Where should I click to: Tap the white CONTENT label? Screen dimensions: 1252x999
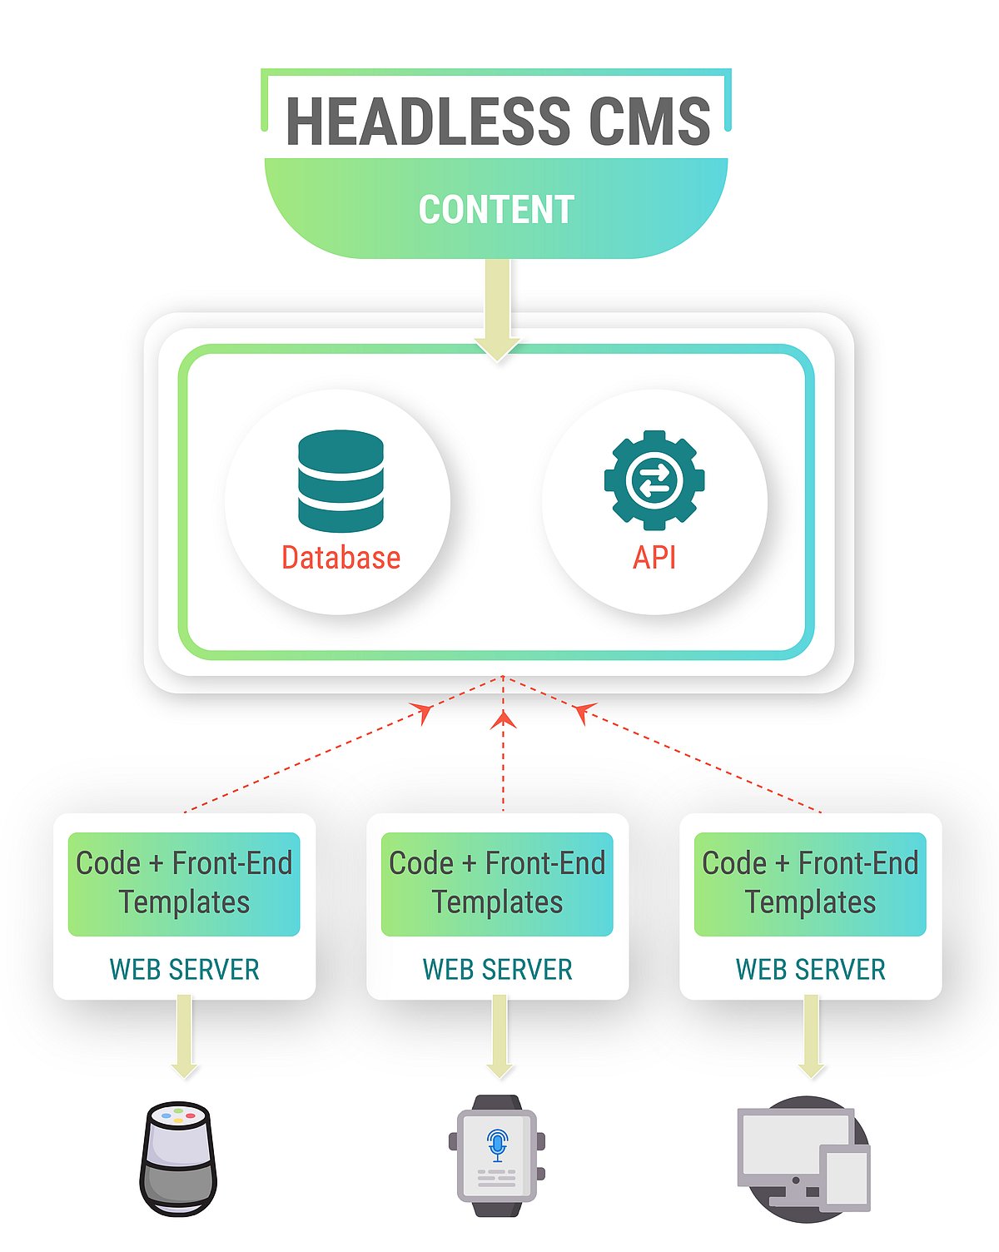pos(496,209)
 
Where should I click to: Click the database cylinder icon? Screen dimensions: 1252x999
pos(340,480)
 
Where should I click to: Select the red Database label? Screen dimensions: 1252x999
pos(340,557)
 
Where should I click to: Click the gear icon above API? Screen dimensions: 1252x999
pos(654,479)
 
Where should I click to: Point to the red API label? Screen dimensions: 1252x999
pos(654,557)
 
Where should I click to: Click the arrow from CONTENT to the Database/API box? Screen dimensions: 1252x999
pos(497,308)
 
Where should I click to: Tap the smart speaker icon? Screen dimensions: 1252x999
pos(178,1158)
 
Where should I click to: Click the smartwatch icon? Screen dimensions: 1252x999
pos(497,1155)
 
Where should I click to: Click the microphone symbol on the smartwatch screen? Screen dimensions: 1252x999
pos(497,1144)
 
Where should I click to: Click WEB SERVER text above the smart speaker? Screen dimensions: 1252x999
pos(184,970)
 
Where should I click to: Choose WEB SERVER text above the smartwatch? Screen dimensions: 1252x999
pos(497,970)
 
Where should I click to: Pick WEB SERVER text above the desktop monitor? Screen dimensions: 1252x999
pos(810,970)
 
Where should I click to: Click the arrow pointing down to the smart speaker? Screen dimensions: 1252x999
pos(184,1036)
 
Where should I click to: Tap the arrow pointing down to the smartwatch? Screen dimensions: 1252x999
pos(499,1036)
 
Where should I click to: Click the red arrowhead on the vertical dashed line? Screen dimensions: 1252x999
pos(503,720)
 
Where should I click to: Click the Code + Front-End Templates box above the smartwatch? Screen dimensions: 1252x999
pos(497,883)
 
